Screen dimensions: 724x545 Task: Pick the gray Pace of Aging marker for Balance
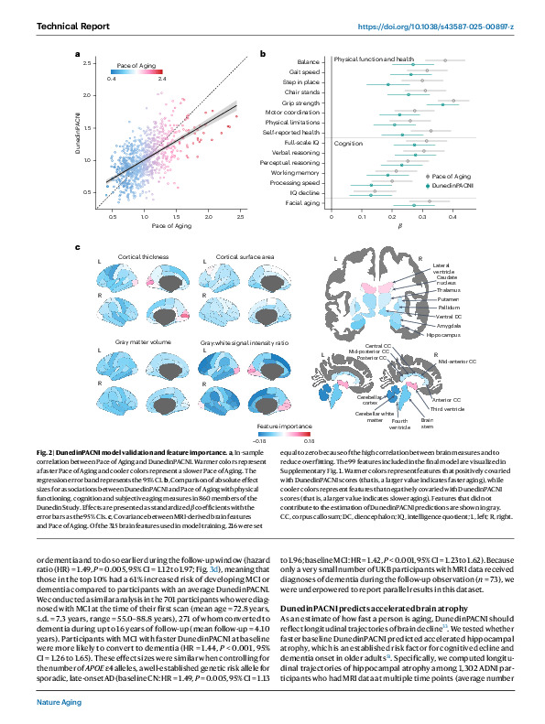coord(445,60)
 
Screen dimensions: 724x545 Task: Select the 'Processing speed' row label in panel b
coord(292,183)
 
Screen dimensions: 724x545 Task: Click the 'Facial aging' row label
coord(299,204)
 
